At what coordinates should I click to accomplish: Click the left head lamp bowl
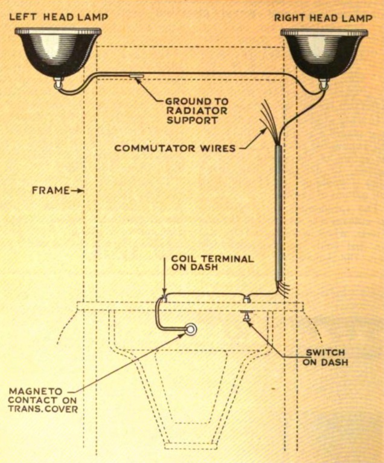[x=57, y=51]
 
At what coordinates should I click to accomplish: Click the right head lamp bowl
[x=325, y=51]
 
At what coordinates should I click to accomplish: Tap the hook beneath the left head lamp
[x=59, y=85]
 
